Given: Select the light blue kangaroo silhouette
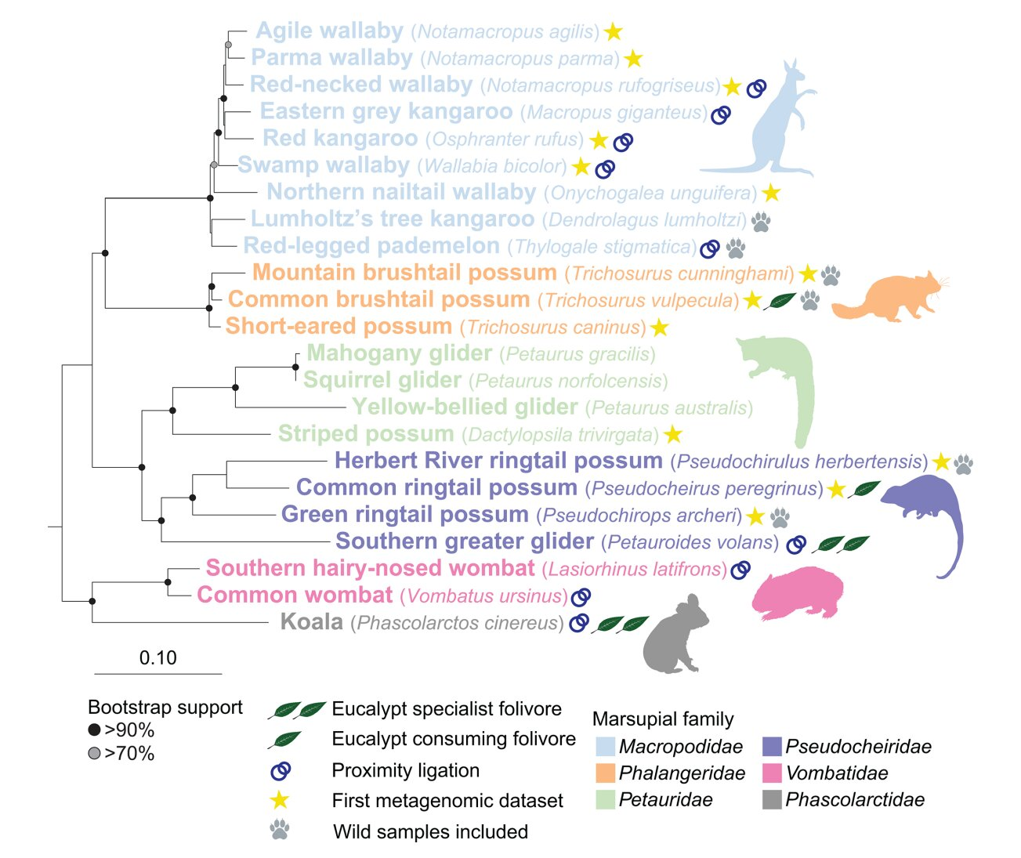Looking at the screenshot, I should pyautogui.click(x=772, y=125).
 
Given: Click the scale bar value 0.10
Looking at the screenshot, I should pyautogui.click(x=158, y=657).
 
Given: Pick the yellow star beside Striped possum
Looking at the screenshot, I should pyautogui.click(x=672, y=434).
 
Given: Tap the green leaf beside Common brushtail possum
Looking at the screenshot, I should pyautogui.click(x=780, y=300).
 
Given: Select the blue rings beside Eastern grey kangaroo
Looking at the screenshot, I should pyautogui.click(x=720, y=114).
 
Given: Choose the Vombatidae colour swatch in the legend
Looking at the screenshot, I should pyautogui.click(x=771, y=773).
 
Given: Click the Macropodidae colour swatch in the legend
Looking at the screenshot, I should pyautogui.click(x=605, y=746).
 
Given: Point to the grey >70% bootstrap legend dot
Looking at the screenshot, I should pyautogui.click(x=94, y=754).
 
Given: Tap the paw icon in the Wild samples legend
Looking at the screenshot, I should pyautogui.click(x=280, y=831).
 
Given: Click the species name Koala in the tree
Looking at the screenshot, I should pyautogui.click(x=311, y=621).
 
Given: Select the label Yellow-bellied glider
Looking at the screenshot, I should pyautogui.click(x=465, y=407).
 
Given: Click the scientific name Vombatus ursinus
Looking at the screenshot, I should pyautogui.click(x=483, y=596).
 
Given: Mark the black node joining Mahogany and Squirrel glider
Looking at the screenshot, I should pyautogui.click(x=295, y=366).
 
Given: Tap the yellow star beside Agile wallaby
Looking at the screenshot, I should pyautogui.click(x=613, y=32).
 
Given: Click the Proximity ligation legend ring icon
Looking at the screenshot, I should pyautogui.click(x=281, y=771).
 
